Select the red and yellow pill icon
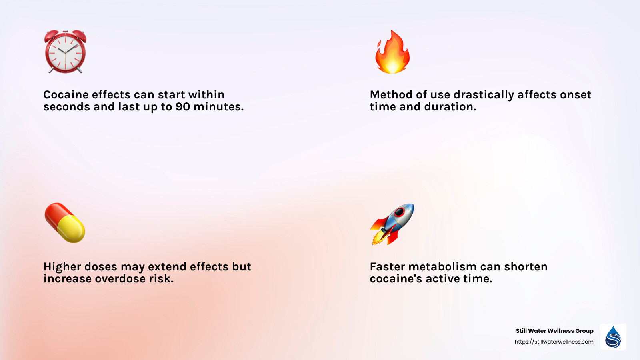(65, 223)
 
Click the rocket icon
(392, 224)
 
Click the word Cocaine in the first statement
(66, 95)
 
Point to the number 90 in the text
(183, 107)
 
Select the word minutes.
(218, 107)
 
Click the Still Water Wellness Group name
(554, 331)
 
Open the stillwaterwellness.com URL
(554, 342)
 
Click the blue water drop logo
(613, 337)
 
